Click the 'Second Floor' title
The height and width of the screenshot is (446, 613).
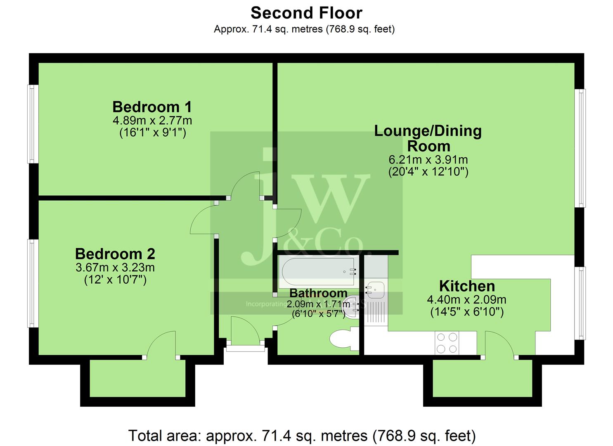pos(306,13)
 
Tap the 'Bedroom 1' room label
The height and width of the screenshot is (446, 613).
pos(152,107)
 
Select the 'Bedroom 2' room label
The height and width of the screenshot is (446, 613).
pos(115,254)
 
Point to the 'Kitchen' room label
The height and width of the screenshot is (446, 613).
pos(467,286)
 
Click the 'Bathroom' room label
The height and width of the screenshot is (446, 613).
pos(318,293)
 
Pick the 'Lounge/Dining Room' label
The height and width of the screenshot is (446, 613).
pos(428,138)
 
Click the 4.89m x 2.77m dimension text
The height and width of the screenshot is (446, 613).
pos(152,121)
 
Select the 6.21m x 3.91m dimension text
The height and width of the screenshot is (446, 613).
pos(428,159)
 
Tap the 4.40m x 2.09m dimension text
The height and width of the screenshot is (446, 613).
pos(467,299)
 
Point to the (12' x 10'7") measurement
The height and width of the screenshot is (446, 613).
pos(115,280)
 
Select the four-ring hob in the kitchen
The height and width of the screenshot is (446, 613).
pos(447,343)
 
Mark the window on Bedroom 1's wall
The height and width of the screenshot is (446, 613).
pos(33,124)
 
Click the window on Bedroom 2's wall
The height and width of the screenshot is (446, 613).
pos(33,283)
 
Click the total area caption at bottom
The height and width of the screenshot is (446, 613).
pos(302,436)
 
